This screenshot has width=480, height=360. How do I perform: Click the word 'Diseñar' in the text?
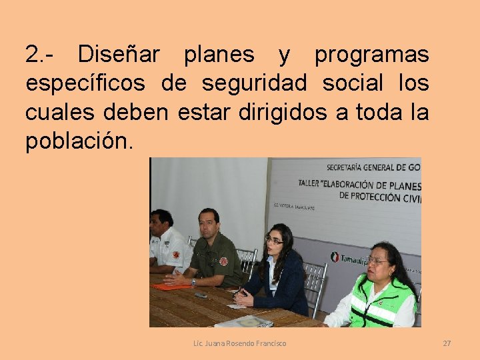(x=118, y=55)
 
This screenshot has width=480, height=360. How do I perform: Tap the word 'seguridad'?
(x=254, y=84)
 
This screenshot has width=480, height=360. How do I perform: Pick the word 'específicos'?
(x=85, y=85)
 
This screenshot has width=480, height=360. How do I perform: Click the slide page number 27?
(x=447, y=343)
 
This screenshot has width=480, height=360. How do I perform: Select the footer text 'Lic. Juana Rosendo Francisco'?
(x=239, y=343)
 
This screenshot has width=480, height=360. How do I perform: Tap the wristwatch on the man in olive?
(x=193, y=282)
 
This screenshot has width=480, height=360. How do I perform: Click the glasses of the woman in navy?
(x=273, y=241)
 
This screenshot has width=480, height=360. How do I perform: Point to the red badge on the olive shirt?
(x=223, y=261)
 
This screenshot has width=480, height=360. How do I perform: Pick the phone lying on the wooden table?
(x=201, y=295)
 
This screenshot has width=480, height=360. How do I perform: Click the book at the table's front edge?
(x=245, y=321)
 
